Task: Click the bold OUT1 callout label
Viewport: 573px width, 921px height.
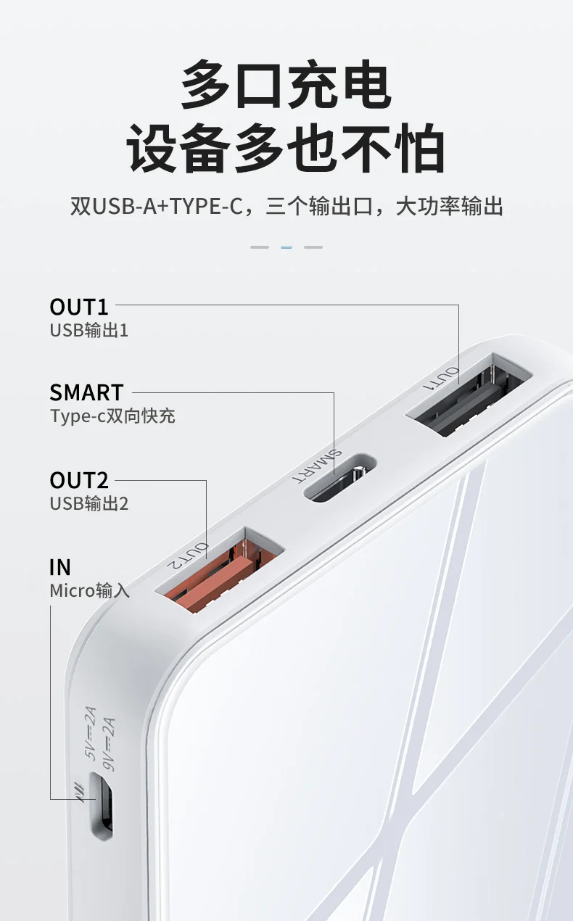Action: pyautogui.click(x=79, y=307)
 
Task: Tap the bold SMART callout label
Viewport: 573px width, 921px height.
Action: pyautogui.click(x=86, y=392)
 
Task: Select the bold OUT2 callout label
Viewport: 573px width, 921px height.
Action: pyautogui.click(x=79, y=480)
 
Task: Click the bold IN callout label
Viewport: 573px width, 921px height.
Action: pyautogui.click(x=60, y=567)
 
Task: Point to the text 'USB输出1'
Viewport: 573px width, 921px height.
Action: pyautogui.click(x=88, y=330)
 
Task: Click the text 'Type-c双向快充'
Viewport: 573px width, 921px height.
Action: pyautogui.click(x=112, y=416)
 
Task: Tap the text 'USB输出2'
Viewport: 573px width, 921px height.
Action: pyautogui.click(x=88, y=504)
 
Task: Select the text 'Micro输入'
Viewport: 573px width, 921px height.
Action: pyautogui.click(x=90, y=591)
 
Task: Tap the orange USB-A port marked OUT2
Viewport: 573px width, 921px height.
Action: pyautogui.click(x=219, y=569)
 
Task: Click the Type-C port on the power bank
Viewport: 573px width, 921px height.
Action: pyautogui.click(x=339, y=478)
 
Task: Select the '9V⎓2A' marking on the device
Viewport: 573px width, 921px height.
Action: pyautogui.click(x=109, y=744)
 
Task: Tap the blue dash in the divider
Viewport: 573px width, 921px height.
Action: pyautogui.click(x=286, y=247)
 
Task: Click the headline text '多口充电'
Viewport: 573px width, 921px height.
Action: pyautogui.click(x=286, y=84)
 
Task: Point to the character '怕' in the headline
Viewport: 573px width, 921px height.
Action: pyautogui.click(x=419, y=147)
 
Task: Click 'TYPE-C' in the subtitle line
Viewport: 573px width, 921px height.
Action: pyautogui.click(x=206, y=206)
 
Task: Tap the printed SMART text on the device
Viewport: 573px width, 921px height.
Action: pyautogui.click(x=317, y=467)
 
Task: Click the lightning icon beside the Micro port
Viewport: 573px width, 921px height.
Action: pyautogui.click(x=80, y=792)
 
